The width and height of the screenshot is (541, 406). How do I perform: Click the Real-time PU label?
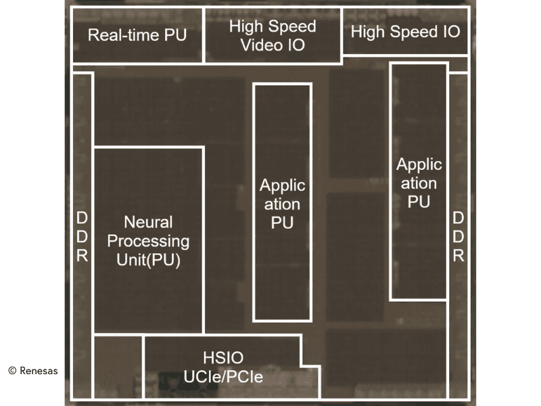click(x=137, y=35)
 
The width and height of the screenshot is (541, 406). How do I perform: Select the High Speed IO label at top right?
click(x=405, y=32)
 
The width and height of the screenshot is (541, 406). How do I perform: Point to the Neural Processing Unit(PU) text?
click(x=148, y=241)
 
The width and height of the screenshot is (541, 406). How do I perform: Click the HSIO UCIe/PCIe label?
click(x=223, y=367)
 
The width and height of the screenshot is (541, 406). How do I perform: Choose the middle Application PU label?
click(x=283, y=204)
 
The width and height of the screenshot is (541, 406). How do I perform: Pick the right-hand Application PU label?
click(x=419, y=183)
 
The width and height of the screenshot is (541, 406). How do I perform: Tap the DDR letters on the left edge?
click(x=82, y=237)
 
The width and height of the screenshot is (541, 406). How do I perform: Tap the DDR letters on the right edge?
click(x=458, y=237)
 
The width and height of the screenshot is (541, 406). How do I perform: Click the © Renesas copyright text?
click(x=33, y=370)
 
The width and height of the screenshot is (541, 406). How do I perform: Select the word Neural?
click(x=148, y=222)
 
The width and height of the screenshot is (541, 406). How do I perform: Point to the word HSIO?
click(x=223, y=357)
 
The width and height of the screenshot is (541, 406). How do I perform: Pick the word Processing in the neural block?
click(x=148, y=241)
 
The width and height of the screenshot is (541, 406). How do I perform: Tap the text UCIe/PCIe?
click(x=223, y=377)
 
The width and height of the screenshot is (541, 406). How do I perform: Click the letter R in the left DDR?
click(x=82, y=256)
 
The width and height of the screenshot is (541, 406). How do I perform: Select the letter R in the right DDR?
click(x=458, y=256)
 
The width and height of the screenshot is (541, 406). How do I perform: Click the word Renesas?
click(x=39, y=370)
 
